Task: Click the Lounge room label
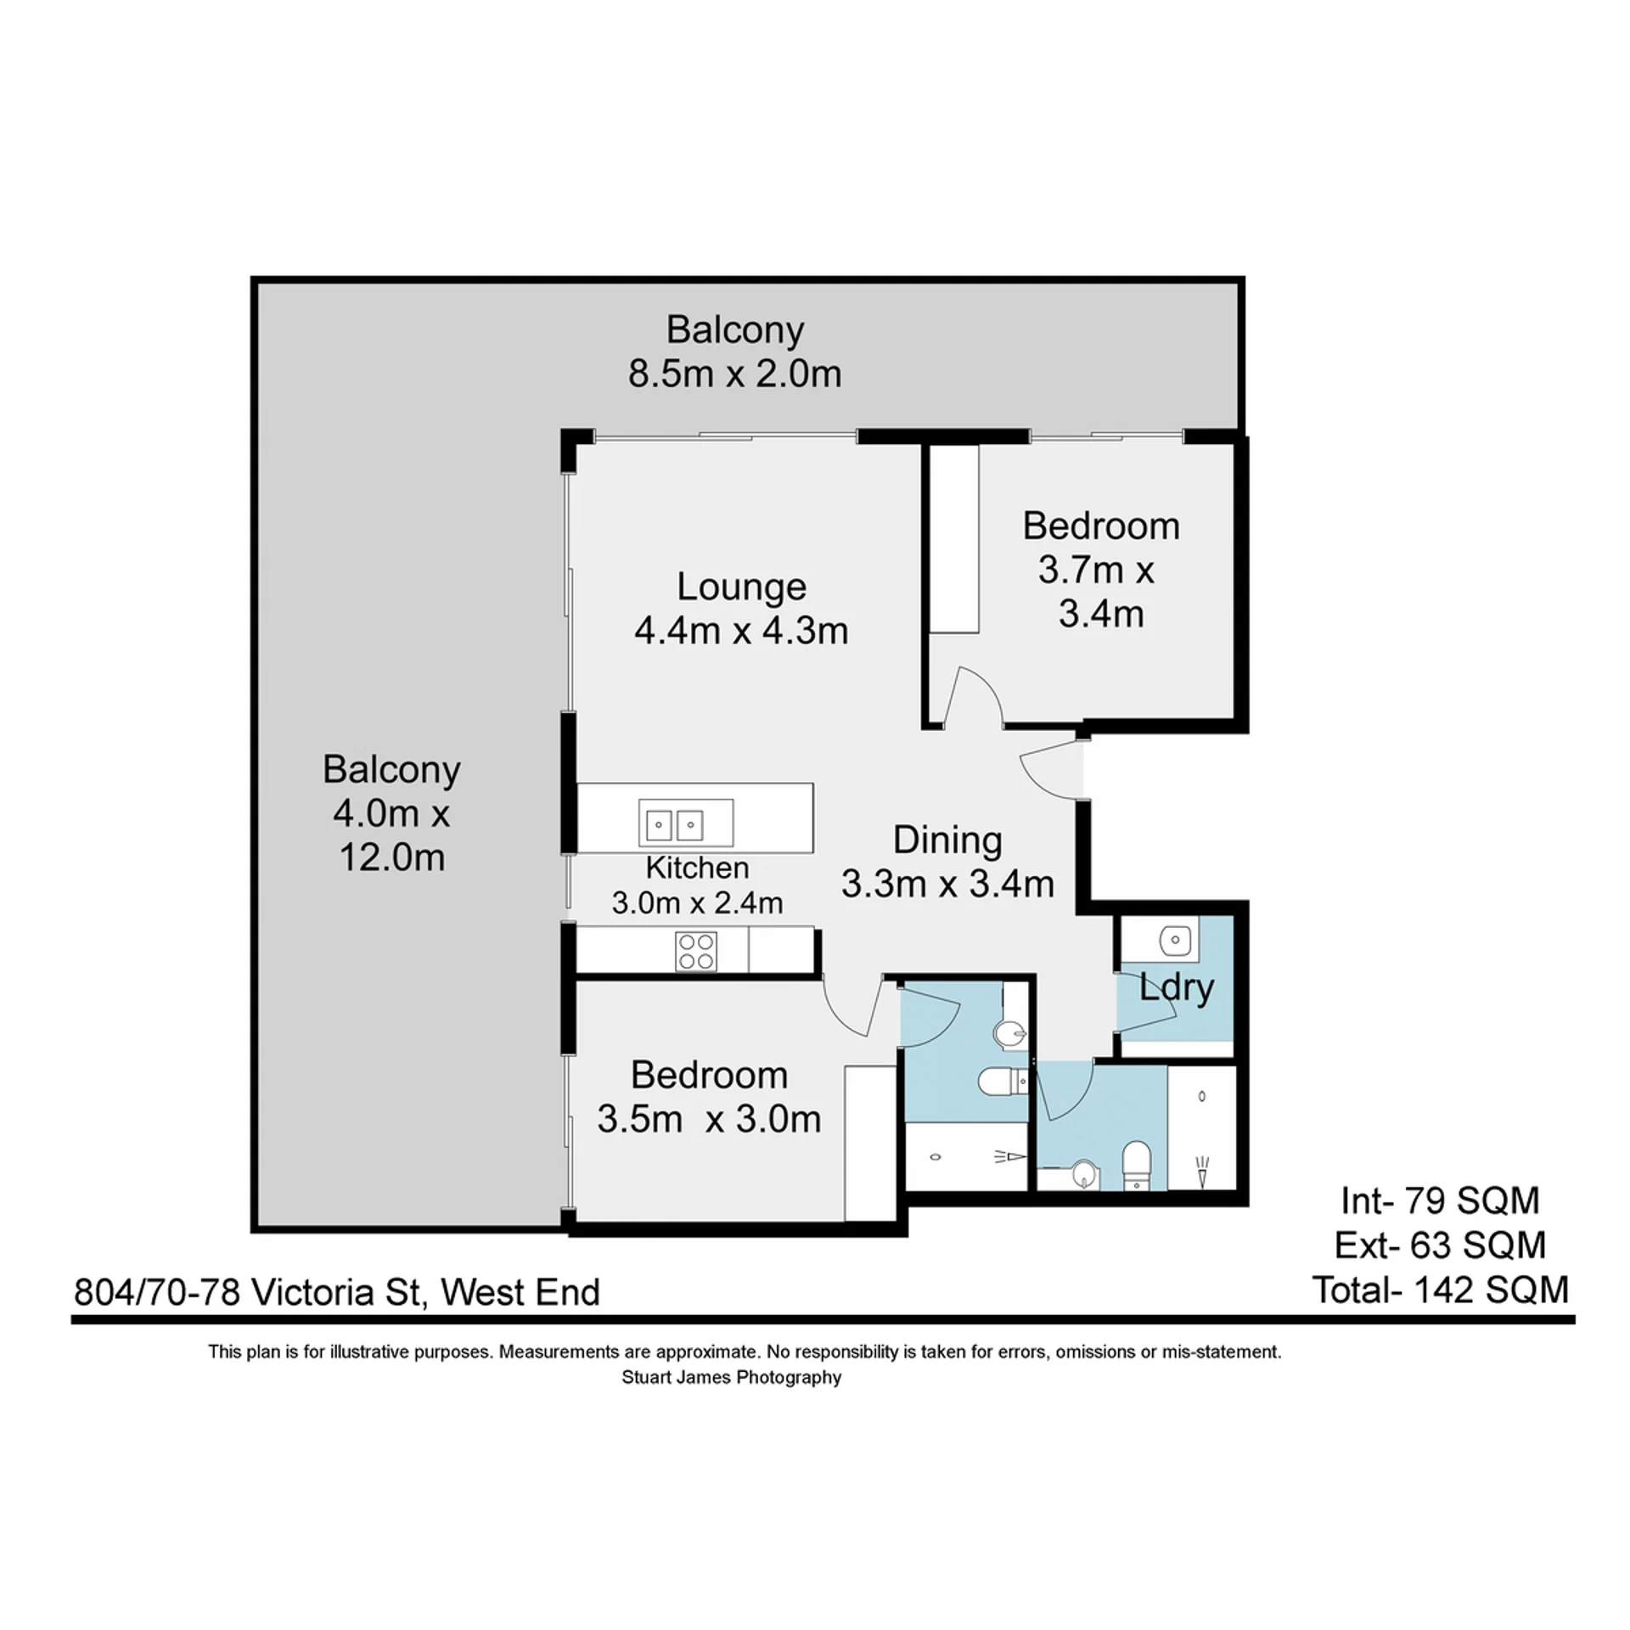741,587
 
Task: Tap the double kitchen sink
686,823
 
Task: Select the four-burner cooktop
696,951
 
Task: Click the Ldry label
1177,988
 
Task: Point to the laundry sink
1176,938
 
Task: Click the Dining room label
947,840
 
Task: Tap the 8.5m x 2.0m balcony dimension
735,374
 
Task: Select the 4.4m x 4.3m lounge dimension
741,631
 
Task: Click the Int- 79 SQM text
1441,1201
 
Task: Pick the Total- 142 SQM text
1441,1290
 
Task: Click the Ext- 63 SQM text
1441,1245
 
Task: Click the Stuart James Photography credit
732,1377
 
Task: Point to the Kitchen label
697,868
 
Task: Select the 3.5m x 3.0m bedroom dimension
709,1120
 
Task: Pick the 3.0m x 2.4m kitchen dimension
697,902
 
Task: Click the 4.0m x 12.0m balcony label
392,813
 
